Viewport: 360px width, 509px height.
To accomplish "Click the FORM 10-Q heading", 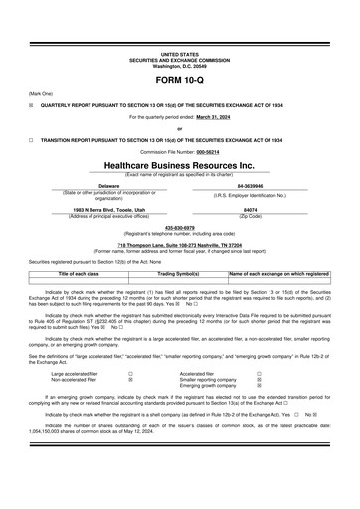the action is (179, 79).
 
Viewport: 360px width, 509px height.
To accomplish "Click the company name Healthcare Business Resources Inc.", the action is (179, 165).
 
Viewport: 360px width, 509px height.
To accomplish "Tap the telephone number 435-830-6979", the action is (179, 226).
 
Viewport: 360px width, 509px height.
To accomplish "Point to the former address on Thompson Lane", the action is (179, 242).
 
